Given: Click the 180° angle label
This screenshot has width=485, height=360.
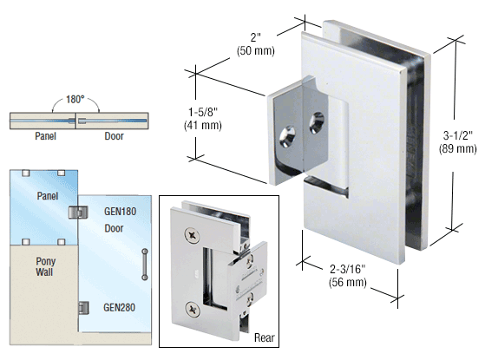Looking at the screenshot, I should [75, 99].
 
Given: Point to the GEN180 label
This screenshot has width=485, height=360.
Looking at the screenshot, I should [121, 211].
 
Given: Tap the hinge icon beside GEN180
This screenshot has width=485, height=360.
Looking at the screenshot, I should [79, 212].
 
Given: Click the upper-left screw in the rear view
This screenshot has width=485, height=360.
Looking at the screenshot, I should [192, 234].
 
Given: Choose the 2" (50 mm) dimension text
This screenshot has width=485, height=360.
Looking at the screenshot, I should [255, 43].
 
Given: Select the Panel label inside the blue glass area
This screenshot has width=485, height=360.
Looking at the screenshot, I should [45, 197].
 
